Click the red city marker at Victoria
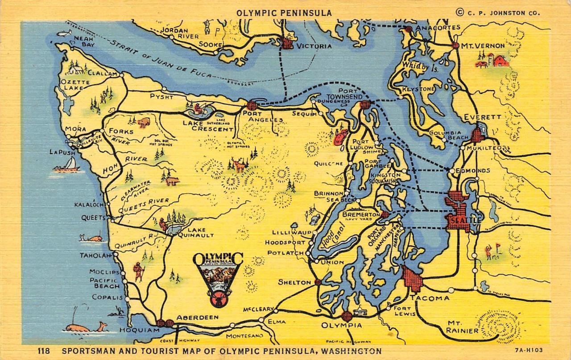tap(287, 43)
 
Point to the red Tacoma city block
tap(413, 279)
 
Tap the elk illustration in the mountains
tap(240, 166)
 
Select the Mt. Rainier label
tap(461, 327)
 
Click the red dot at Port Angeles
tap(252, 106)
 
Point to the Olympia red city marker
tap(347, 316)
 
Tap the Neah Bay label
tap(84, 42)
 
